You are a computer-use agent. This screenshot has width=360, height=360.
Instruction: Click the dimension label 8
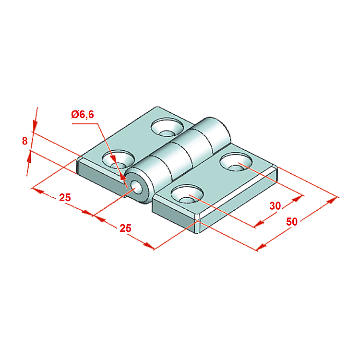point(25,141)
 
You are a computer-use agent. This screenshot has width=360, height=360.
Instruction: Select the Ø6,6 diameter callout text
point(83,114)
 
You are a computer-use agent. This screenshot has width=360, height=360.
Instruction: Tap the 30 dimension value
point(275,206)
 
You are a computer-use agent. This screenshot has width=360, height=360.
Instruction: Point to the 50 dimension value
point(292,222)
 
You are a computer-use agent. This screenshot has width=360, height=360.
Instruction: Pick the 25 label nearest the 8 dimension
point(65,197)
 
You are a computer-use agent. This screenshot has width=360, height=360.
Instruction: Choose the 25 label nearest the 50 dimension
point(126,228)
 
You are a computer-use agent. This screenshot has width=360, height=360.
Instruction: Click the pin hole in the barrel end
point(137,187)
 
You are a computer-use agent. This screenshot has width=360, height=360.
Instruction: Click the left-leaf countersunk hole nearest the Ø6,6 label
point(118,159)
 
